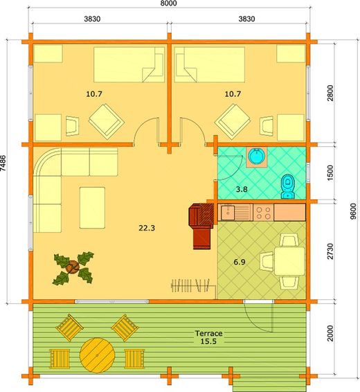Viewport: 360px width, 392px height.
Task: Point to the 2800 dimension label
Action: pos(330,93)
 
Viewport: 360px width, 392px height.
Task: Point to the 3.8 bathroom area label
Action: pos(242,188)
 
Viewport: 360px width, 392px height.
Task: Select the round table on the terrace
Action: pos(96,355)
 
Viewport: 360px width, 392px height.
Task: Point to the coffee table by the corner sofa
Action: pos(93,207)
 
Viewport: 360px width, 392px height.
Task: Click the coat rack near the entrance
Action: pos(192,283)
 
